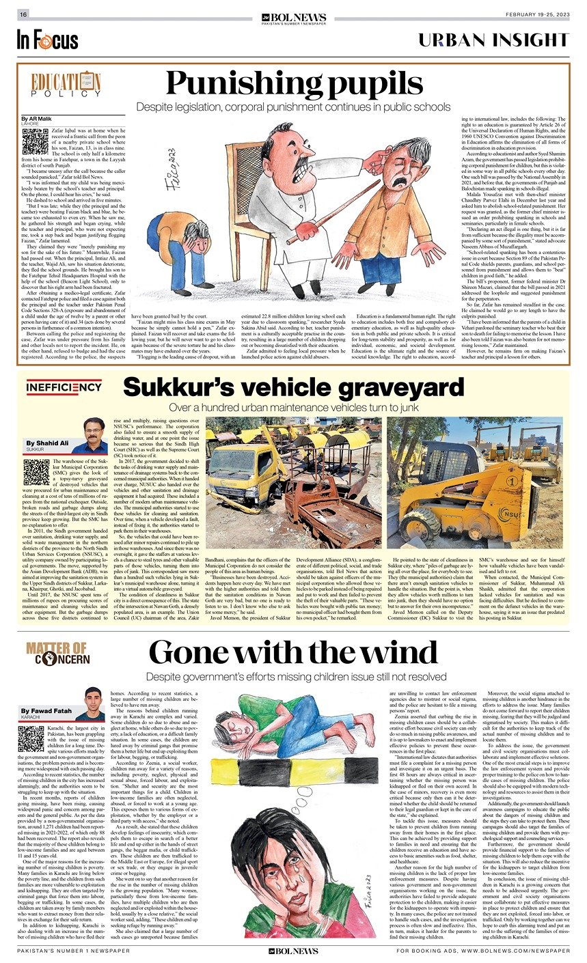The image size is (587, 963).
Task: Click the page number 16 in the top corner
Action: [23, 14]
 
